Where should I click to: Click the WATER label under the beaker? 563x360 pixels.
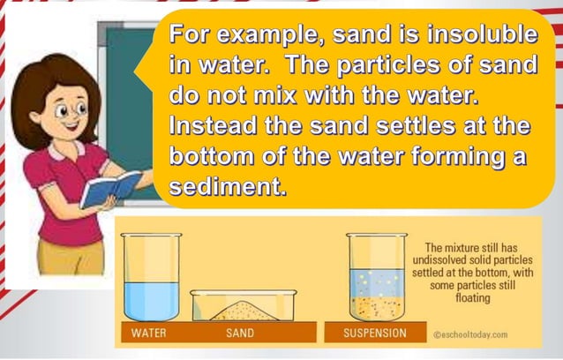pos(148,334)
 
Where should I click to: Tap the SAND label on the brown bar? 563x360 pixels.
pos(240,334)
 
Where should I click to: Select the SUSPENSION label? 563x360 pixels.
pos(376,334)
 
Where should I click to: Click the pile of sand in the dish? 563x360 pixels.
pos(244,311)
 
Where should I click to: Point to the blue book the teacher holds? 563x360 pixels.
pos(109,188)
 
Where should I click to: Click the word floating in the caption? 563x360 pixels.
pos(472,298)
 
